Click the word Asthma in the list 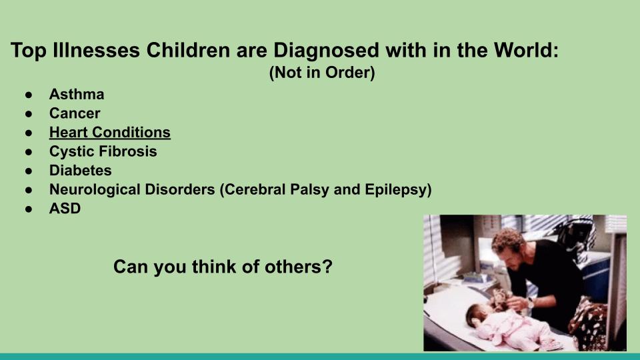click(x=77, y=94)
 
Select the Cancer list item click(x=75, y=113)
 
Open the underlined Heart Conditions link click(x=110, y=132)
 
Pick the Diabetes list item click(x=81, y=171)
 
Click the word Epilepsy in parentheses click(x=396, y=190)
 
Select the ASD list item click(x=65, y=209)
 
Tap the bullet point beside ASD click(x=29, y=209)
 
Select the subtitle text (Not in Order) click(x=322, y=73)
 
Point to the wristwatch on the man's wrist click(x=530, y=303)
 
